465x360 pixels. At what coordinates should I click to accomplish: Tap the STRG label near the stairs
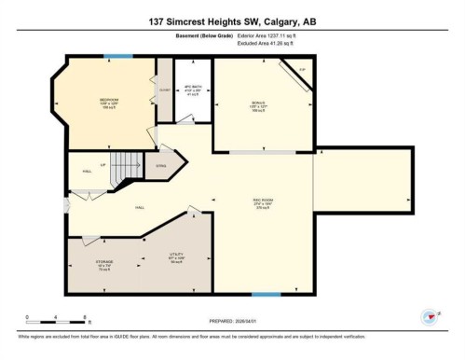(160, 167)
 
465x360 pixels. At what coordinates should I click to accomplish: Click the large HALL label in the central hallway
(140, 207)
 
